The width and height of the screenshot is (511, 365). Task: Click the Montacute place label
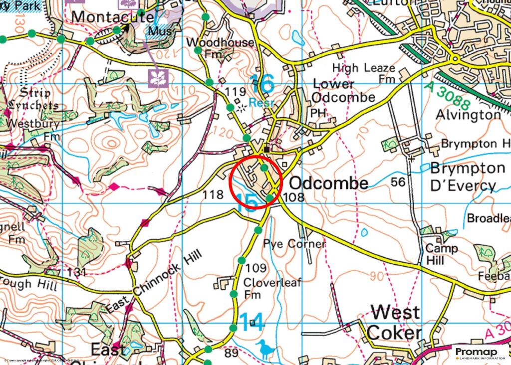click(x=112, y=16)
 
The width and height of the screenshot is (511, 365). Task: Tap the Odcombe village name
click(x=328, y=182)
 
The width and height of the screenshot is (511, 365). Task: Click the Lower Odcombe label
click(x=343, y=90)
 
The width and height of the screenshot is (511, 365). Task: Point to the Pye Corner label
click(x=294, y=244)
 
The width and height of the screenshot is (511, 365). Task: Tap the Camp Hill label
click(x=442, y=254)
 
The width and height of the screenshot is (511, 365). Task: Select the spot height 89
click(x=231, y=354)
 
